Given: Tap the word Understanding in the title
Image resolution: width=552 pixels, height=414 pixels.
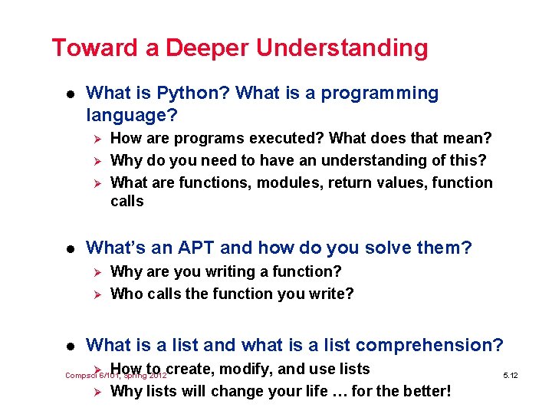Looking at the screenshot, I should click(x=342, y=48).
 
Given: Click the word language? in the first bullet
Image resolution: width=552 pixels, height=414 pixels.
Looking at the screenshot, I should click(x=132, y=116).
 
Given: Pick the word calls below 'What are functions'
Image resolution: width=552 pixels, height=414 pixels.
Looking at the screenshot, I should click(x=127, y=201).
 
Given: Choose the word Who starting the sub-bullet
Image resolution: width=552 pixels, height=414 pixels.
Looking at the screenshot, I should click(x=126, y=294).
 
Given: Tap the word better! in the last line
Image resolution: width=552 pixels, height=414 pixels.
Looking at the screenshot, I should click(x=424, y=392).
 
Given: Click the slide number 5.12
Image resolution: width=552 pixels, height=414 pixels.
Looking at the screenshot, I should click(x=511, y=376).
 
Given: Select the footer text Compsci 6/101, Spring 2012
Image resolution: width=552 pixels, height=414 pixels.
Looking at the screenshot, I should click(x=115, y=376).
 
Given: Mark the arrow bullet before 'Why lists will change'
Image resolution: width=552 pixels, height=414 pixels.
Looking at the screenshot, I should click(x=96, y=392).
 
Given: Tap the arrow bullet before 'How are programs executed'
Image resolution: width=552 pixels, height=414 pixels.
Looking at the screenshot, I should click(x=96, y=139).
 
